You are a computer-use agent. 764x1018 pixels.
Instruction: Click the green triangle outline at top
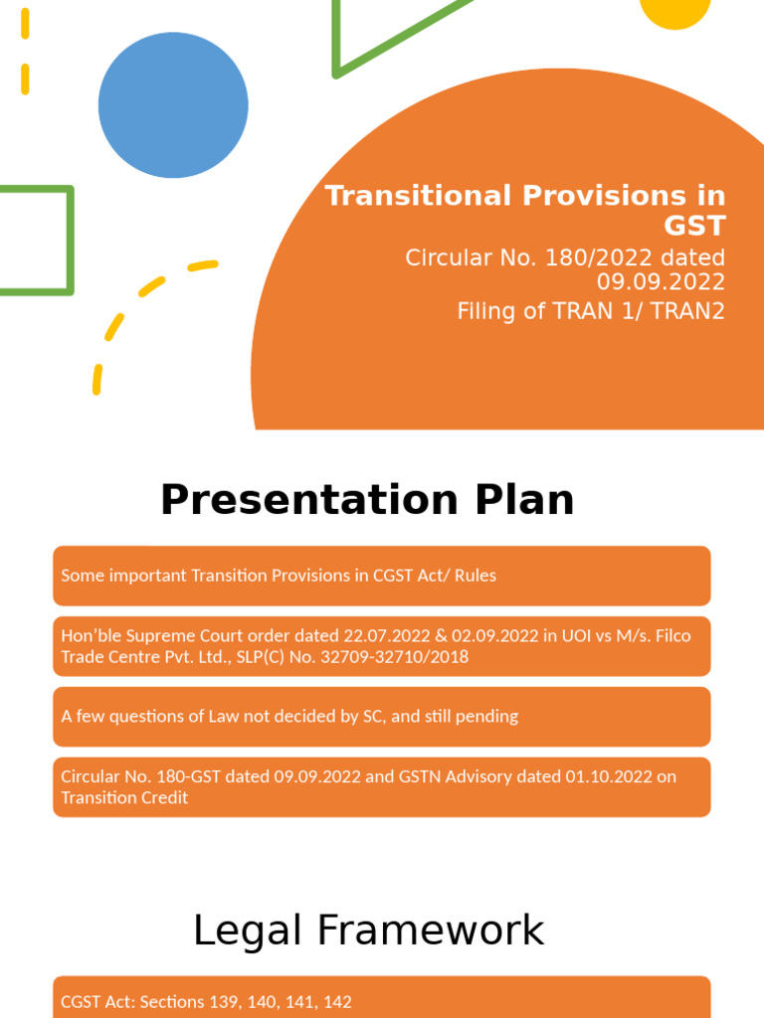pyautogui.click(x=337, y=40)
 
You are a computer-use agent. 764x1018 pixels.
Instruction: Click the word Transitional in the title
pyautogui.click(x=415, y=196)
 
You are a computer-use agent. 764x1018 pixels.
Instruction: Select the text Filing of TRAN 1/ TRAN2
pyautogui.click(x=591, y=310)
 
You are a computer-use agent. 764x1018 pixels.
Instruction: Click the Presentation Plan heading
pyautogui.click(x=367, y=499)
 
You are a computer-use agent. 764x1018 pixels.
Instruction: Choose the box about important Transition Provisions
pyautogui.click(x=381, y=576)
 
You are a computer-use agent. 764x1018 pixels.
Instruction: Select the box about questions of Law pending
pyautogui.click(x=381, y=716)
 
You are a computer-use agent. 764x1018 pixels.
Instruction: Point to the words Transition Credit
pyautogui.click(x=124, y=797)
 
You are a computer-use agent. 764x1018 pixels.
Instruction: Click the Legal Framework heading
pyautogui.click(x=368, y=931)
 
